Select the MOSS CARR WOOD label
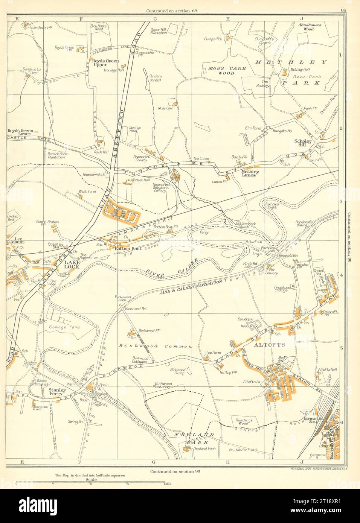[x=227, y=71]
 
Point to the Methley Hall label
[x=300, y=70]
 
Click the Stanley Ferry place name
[x=58, y=392]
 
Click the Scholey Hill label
[x=303, y=143]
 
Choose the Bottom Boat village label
[x=128, y=249]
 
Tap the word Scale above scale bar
[x=91, y=480]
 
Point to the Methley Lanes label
[x=249, y=173]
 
